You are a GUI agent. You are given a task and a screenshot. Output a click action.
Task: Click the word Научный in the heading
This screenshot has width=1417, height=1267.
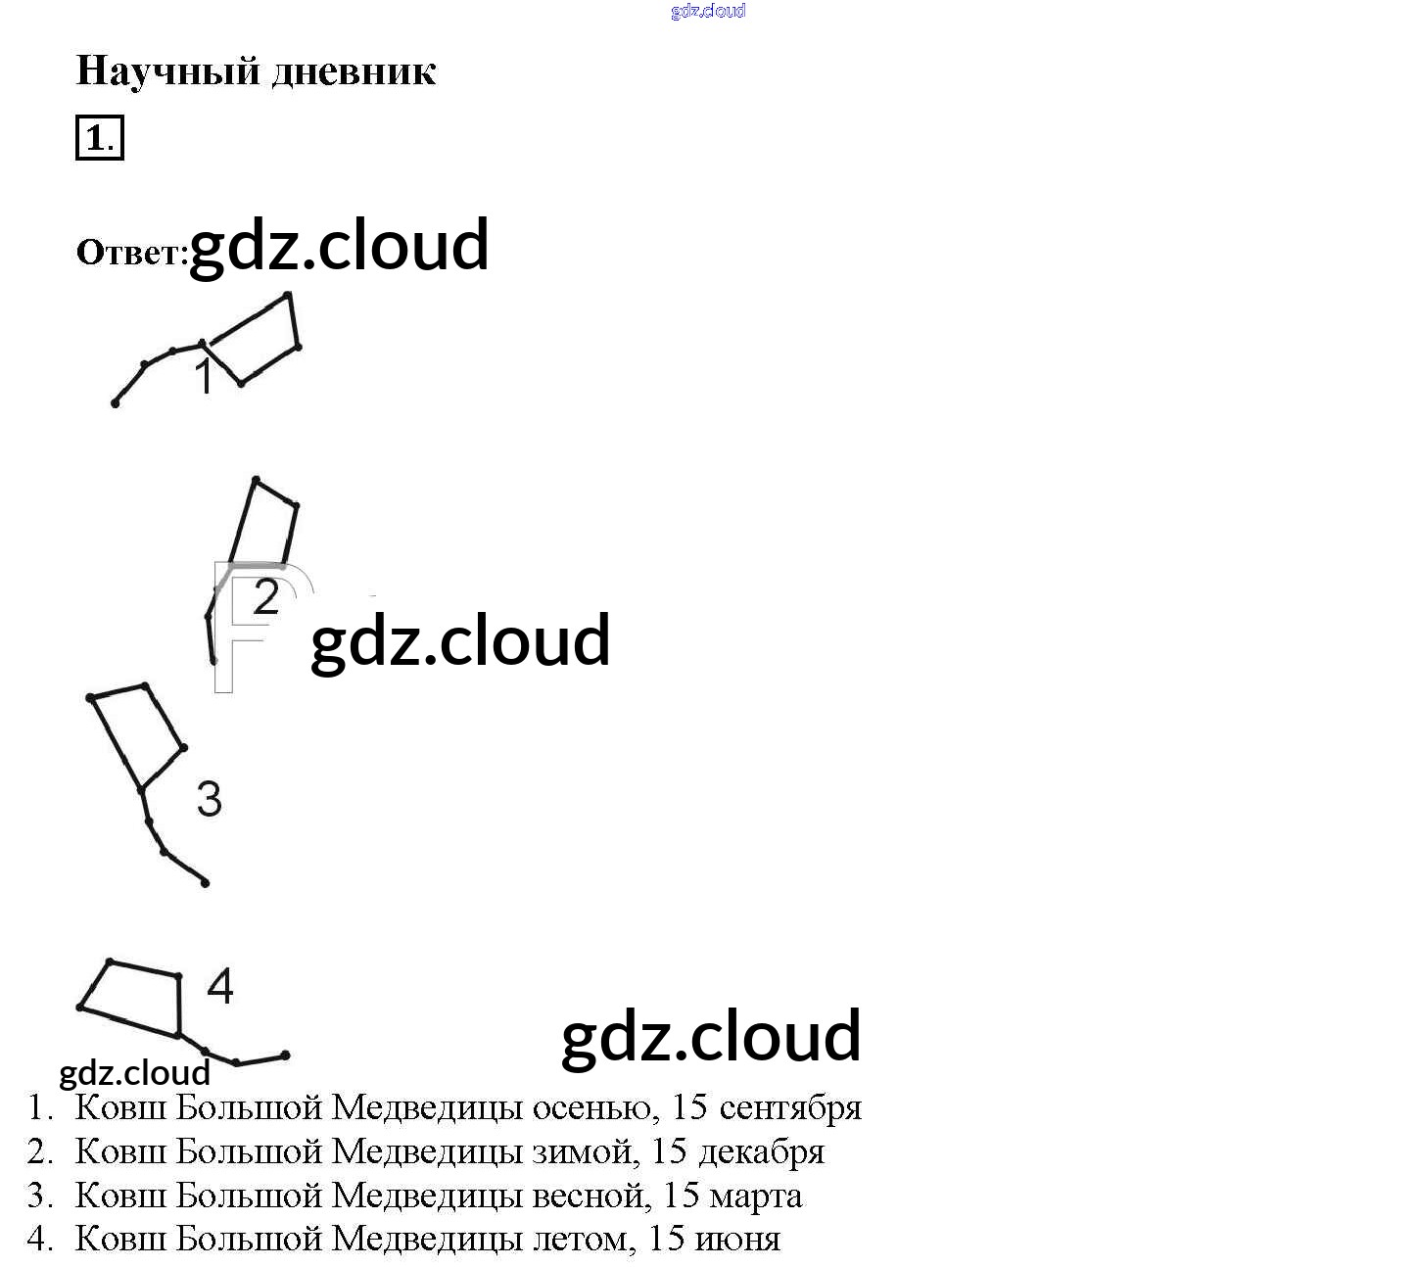(x=166, y=71)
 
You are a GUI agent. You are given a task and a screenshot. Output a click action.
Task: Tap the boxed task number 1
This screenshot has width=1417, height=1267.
(x=99, y=138)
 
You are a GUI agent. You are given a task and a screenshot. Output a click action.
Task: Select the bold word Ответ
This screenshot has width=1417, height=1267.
(x=131, y=253)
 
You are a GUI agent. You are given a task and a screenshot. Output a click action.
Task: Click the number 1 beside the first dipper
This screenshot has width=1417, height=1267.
(x=204, y=377)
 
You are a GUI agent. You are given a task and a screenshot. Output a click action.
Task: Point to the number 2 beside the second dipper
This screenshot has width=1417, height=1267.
(x=266, y=597)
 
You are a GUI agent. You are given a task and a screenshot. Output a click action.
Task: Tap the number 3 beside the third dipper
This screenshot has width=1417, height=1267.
(x=210, y=799)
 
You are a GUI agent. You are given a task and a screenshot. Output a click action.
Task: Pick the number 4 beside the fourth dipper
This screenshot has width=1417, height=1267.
(x=220, y=986)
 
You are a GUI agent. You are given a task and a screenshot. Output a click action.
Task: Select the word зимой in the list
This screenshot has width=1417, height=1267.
(x=585, y=1151)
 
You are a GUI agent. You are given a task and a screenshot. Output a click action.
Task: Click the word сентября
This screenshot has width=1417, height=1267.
(x=790, y=1107)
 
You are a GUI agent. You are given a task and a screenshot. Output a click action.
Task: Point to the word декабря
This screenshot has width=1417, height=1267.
(x=761, y=1151)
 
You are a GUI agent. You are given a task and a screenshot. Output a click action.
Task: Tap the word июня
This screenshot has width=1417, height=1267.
(x=737, y=1240)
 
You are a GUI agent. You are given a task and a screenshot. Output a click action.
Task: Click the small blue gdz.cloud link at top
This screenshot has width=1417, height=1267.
(x=708, y=11)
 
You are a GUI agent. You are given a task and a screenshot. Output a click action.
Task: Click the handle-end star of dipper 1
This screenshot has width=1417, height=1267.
(x=116, y=403)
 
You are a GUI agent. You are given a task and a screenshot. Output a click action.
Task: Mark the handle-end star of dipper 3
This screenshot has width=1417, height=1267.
(x=205, y=883)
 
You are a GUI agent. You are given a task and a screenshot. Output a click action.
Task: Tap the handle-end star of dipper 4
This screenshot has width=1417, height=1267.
(x=285, y=1056)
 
